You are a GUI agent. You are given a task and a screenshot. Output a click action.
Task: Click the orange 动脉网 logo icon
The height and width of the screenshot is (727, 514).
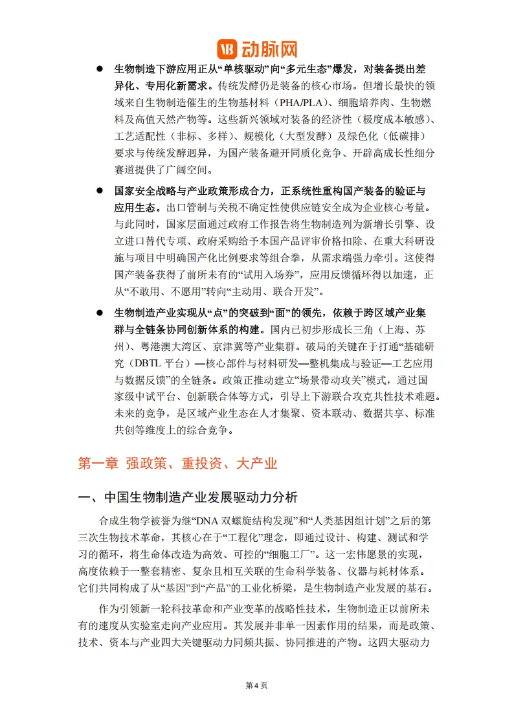coord(228,49)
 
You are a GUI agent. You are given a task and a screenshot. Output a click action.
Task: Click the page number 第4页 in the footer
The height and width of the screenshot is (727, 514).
coord(256,686)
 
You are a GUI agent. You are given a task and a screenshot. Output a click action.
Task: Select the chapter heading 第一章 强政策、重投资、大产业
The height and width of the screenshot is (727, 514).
coord(177,463)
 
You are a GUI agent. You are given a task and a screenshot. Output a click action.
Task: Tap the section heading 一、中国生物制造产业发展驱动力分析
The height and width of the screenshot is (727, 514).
coord(188,498)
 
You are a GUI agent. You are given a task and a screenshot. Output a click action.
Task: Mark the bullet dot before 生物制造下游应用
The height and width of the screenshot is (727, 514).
coord(100,69)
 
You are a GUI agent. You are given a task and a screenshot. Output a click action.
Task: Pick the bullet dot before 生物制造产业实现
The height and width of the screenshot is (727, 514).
coord(100,312)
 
